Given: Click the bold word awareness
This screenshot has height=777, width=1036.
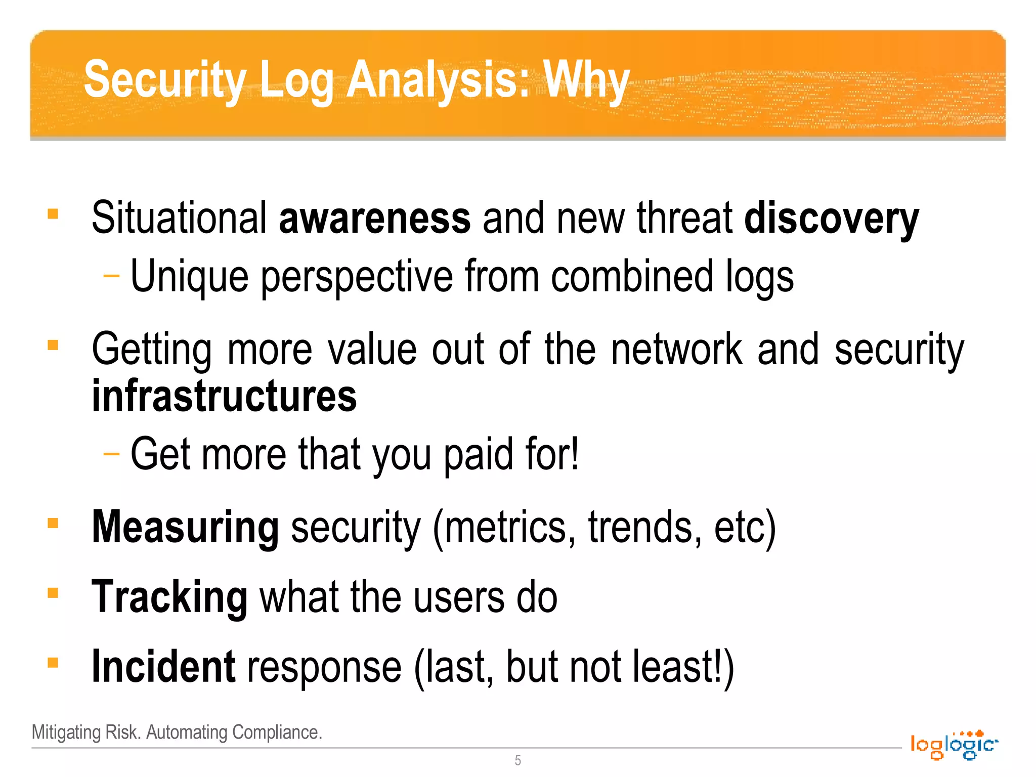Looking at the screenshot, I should point(374,218).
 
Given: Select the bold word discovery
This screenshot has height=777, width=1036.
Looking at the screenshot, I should point(831,219).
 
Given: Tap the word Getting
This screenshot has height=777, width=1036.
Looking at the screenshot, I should point(151,350).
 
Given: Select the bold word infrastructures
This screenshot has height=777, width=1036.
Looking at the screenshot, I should point(224,396).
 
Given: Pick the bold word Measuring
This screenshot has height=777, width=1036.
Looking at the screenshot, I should point(185,528).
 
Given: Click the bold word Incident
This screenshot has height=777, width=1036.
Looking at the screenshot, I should point(163,667).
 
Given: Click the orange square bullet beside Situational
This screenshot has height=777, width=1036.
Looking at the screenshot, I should point(53,214).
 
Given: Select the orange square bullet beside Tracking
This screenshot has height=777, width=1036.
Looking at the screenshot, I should point(53,592).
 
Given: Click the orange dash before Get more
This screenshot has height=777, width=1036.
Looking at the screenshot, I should point(111,454).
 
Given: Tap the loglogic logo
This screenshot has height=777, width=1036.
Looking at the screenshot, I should point(954,745).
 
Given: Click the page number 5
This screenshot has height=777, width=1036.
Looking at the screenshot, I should point(517,760).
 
